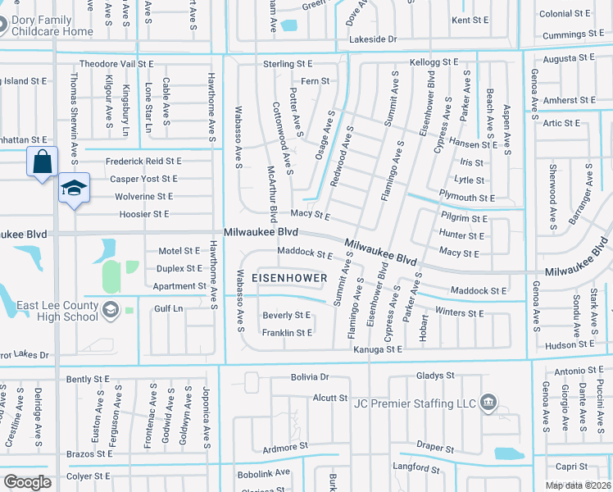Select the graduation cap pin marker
coord(74,189)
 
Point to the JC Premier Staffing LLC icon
coord(488,402)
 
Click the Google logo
coord(27,482)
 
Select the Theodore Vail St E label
coord(116,63)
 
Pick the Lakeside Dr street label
coord(372,39)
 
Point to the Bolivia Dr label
coord(309,377)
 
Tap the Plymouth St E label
coord(466,198)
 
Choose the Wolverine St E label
coord(143,197)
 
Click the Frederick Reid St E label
coord(143,162)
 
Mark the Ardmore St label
coord(284,447)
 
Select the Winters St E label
coord(484,313)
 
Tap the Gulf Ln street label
coord(168,309)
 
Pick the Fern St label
coord(316,81)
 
